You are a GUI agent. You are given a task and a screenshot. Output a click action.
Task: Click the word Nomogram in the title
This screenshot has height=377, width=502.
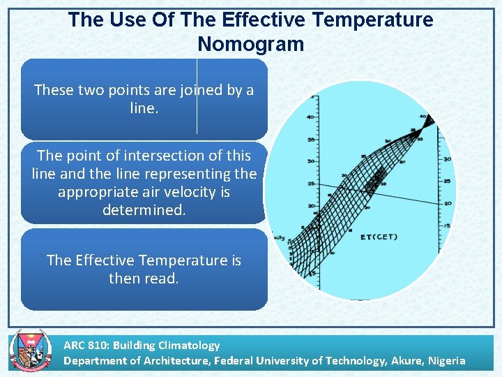[x=251, y=44]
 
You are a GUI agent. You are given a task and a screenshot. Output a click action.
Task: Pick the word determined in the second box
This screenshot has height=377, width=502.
[x=144, y=209]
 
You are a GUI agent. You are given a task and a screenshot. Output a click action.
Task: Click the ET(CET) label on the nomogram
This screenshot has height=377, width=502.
[x=379, y=237]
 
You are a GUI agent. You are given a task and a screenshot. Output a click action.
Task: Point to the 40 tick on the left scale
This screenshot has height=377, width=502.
[x=310, y=117]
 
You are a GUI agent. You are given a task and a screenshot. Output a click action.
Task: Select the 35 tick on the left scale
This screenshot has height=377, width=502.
[x=310, y=140]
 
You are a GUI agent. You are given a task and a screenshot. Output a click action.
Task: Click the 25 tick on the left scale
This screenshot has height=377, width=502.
[x=310, y=184]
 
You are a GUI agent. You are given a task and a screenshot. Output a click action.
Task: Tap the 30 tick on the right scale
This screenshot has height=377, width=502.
[x=446, y=159]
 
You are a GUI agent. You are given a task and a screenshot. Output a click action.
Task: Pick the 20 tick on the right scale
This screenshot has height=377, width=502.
[x=446, y=203]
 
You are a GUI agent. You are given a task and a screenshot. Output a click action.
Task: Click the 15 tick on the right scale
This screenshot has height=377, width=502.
[x=446, y=226]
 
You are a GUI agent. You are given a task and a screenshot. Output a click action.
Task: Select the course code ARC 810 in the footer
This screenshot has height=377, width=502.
[x=85, y=345]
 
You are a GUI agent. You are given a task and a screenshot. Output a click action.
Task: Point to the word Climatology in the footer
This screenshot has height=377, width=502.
[x=188, y=345]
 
